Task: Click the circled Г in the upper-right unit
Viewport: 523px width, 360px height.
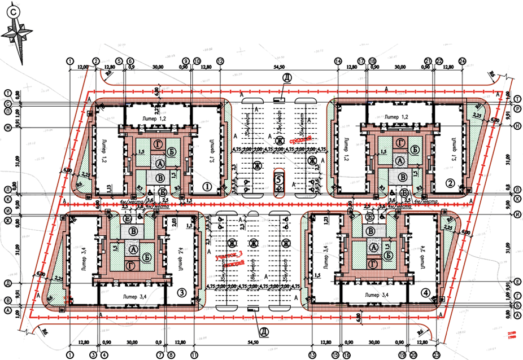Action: coord(401,142)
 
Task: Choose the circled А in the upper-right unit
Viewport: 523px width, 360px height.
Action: coord(401,161)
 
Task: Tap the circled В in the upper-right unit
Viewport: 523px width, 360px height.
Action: coord(401,177)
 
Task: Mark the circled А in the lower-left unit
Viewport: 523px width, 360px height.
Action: coord(133,248)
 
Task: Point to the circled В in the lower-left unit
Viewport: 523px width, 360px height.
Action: coord(133,231)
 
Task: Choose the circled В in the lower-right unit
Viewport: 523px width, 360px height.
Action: coord(371,231)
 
